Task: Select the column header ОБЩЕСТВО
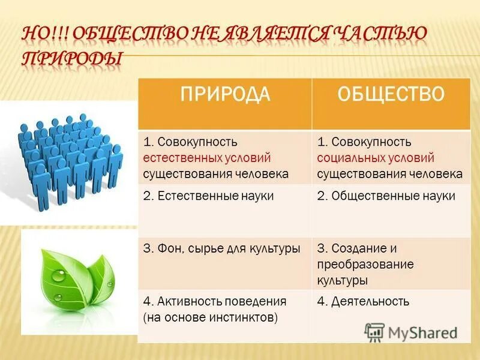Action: coord(391,94)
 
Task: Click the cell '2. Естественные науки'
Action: coord(208,196)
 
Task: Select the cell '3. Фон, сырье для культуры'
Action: coord(221,248)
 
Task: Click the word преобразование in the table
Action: coord(365,265)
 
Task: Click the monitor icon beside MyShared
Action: coord(374,332)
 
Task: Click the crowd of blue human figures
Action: coord(69,159)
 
